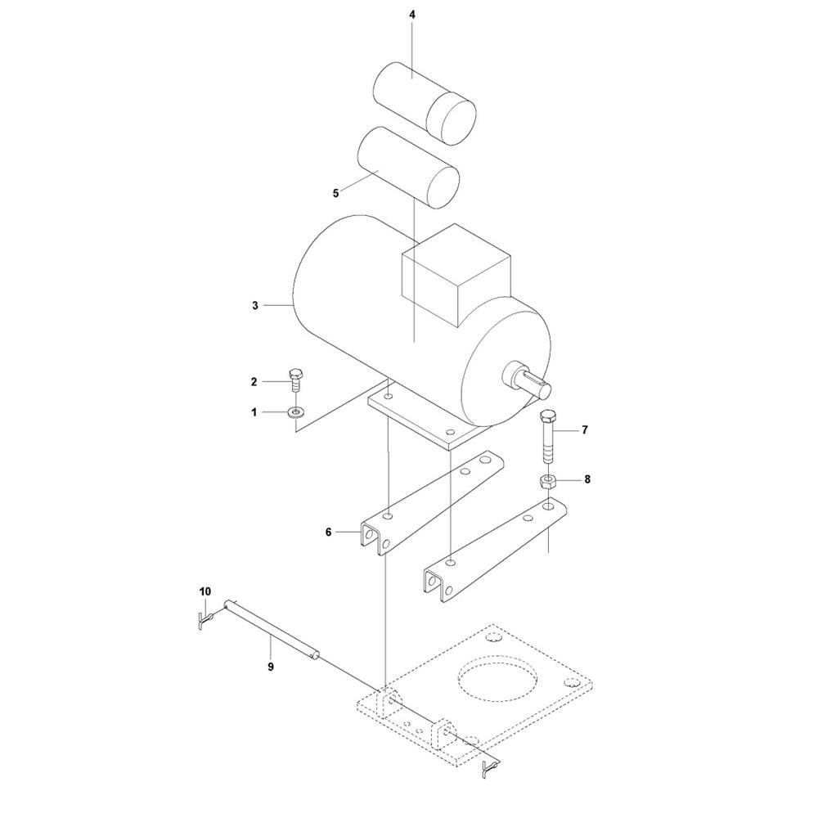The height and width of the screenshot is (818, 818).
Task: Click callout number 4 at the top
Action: coord(412,15)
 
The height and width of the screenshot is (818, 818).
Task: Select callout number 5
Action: coord(335,194)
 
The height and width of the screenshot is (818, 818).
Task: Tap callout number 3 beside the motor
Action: coord(255,306)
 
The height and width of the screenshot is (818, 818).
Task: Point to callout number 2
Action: coord(254,382)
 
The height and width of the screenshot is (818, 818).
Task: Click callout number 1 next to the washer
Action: coord(254,412)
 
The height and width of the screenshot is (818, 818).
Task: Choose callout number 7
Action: coord(585,430)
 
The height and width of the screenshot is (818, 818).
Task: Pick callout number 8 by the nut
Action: coord(587,479)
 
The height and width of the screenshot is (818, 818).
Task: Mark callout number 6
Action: coord(328,533)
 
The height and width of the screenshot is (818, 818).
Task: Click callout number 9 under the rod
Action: coord(271,667)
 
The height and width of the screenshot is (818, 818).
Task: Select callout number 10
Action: coord(205,591)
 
